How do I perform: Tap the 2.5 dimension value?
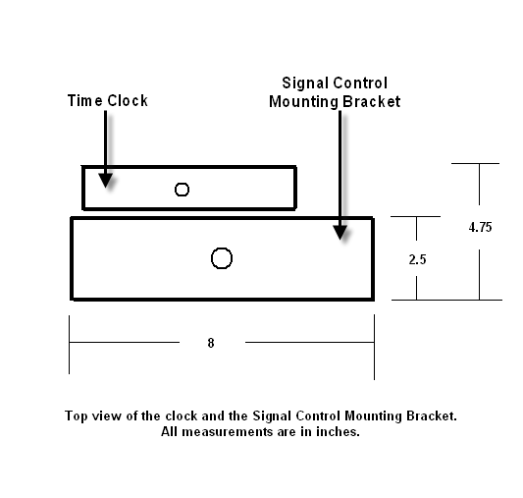[417, 259]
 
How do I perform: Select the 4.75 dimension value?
[480, 227]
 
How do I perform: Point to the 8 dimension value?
[211, 343]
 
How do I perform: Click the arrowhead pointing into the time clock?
[106, 181]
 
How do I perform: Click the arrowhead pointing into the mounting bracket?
[340, 233]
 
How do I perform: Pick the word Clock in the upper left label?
[128, 101]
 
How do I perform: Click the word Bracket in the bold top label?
[372, 102]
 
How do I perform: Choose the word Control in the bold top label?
[360, 83]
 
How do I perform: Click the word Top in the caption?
[77, 416]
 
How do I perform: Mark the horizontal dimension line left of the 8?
[125, 342]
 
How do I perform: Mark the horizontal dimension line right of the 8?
[309, 342]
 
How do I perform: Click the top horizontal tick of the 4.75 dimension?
[475, 164]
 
